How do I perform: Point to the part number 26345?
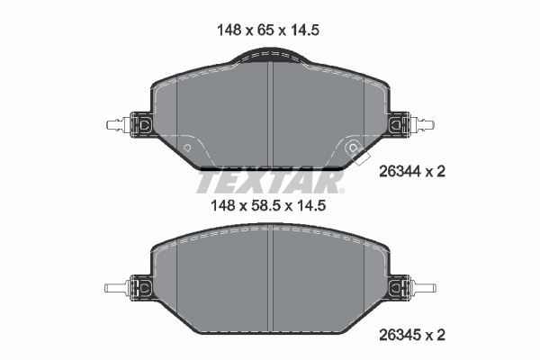point(401,335)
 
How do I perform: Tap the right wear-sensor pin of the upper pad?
point(423,124)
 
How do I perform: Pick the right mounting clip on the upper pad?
point(400,124)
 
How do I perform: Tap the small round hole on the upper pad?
point(186,147)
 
